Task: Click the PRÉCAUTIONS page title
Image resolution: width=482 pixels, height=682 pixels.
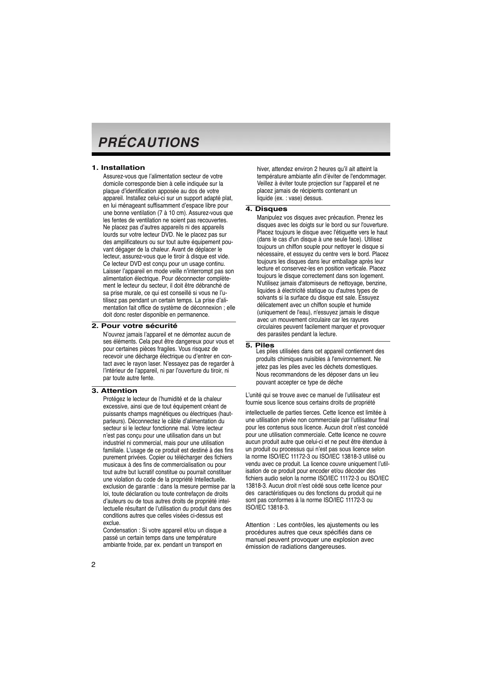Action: click(x=148, y=142)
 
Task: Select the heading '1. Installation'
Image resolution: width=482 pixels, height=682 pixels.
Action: click(x=118, y=168)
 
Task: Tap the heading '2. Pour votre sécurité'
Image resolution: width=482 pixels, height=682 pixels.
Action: click(x=134, y=326)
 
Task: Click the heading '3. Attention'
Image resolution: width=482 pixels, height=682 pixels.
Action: click(x=114, y=391)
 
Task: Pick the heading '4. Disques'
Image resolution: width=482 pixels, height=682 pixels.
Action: click(x=266, y=209)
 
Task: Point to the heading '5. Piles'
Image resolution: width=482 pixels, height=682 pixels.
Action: click(x=260, y=345)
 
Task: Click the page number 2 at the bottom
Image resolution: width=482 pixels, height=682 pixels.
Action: click(x=93, y=565)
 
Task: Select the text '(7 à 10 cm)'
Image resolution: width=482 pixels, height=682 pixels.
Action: click(x=172, y=213)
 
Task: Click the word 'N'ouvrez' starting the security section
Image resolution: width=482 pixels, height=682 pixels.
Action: click(x=113, y=335)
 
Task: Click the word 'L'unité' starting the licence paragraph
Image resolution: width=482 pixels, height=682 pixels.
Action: click(x=254, y=395)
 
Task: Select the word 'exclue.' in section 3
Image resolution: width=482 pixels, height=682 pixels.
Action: click(x=112, y=523)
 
